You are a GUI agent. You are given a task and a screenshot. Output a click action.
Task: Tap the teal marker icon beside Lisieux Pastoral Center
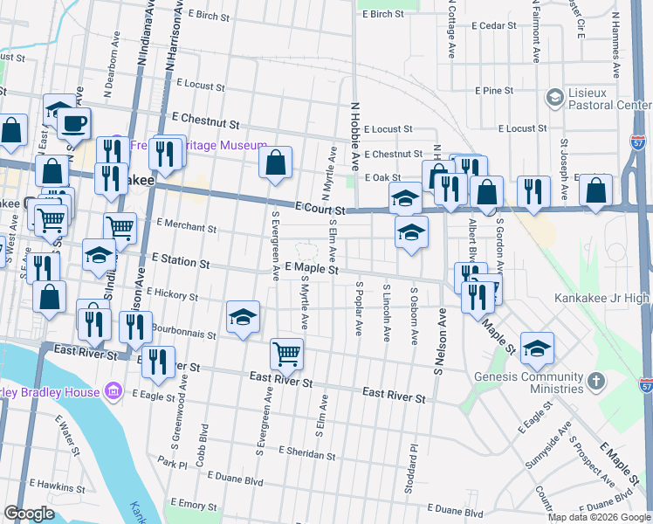click(x=553, y=96)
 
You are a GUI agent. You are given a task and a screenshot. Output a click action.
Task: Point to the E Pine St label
click(x=494, y=91)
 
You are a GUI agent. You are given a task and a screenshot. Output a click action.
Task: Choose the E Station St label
click(x=181, y=261)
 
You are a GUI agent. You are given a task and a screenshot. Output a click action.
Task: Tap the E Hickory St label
click(x=172, y=294)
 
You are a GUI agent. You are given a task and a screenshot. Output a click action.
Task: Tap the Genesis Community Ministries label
click(x=529, y=383)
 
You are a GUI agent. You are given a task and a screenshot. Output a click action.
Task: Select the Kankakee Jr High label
click(x=603, y=298)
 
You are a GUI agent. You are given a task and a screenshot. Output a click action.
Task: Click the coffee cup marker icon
click(x=74, y=123)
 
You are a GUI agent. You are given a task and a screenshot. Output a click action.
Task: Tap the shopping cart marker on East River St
click(x=286, y=354)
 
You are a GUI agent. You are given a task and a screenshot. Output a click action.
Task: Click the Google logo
click(x=29, y=514)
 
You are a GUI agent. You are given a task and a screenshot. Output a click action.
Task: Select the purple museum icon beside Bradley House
click(x=113, y=392)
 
